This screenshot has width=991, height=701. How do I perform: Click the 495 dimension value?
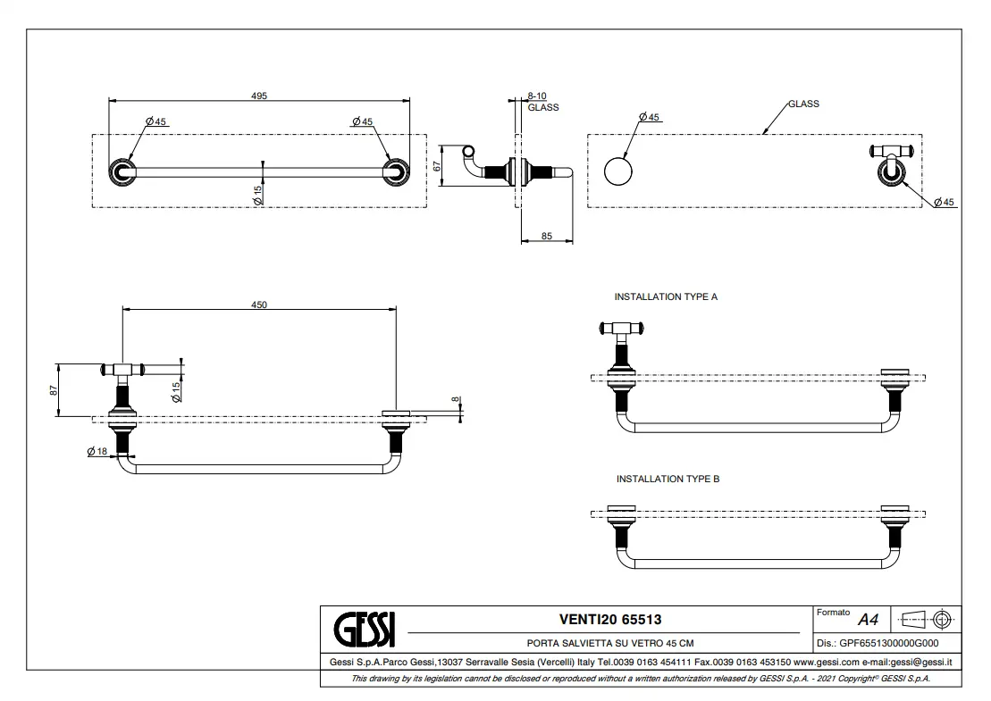[258, 95]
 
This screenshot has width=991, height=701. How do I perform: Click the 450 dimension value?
[258, 305]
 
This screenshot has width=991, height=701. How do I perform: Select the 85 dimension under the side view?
[547, 237]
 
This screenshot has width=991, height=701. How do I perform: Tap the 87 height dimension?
[54, 389]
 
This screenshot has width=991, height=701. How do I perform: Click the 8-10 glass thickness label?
[536, 96]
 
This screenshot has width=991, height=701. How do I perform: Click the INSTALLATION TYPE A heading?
[666, 296]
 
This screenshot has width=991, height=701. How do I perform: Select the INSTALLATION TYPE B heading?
[668, 480]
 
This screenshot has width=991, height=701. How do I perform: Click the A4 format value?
[868, 620]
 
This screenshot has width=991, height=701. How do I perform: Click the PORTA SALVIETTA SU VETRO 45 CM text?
[610, 643]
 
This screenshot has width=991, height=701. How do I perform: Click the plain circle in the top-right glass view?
[617, 171]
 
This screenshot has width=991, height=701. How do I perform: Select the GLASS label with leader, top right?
[802, 104]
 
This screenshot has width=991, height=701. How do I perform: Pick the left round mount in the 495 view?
[121, 172]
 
